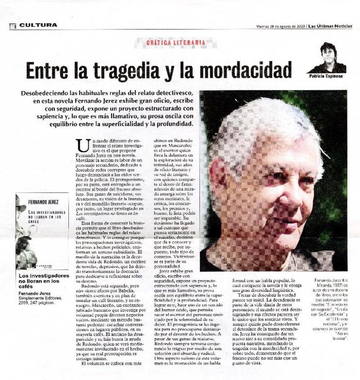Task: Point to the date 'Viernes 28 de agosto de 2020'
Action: click(x=279, y=25)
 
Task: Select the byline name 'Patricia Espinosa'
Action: click(x=328, y=76)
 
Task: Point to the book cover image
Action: click(x=41, y=231)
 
